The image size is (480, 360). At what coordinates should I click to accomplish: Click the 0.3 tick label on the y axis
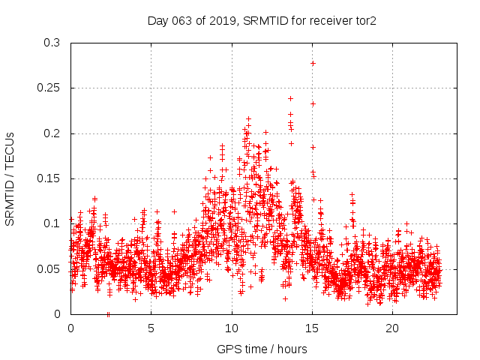coord(52,43)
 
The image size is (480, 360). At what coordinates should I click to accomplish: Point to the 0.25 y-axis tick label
coord(49,88)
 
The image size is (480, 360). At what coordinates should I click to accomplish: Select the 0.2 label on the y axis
coord(52,133)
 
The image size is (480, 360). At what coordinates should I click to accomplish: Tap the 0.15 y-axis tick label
coord(49,178)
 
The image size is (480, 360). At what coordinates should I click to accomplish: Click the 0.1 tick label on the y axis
coord(52,223)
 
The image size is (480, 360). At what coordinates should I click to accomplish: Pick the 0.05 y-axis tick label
coord(49,268)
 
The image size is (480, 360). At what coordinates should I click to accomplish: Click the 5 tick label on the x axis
coord(151,328)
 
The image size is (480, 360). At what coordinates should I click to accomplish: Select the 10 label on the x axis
coord(232,328)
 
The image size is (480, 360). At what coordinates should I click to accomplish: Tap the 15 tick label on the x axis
coord(312,328)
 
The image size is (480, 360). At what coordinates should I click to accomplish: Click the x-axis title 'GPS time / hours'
coord(262,349)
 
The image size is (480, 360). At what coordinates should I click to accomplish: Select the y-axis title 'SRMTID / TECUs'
coord(10,178)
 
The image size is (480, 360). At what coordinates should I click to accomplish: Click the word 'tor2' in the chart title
coord(364,22)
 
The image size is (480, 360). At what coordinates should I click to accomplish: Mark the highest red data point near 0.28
coord(313,63)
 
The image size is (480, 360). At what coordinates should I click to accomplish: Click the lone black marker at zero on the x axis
coord(108,313)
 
